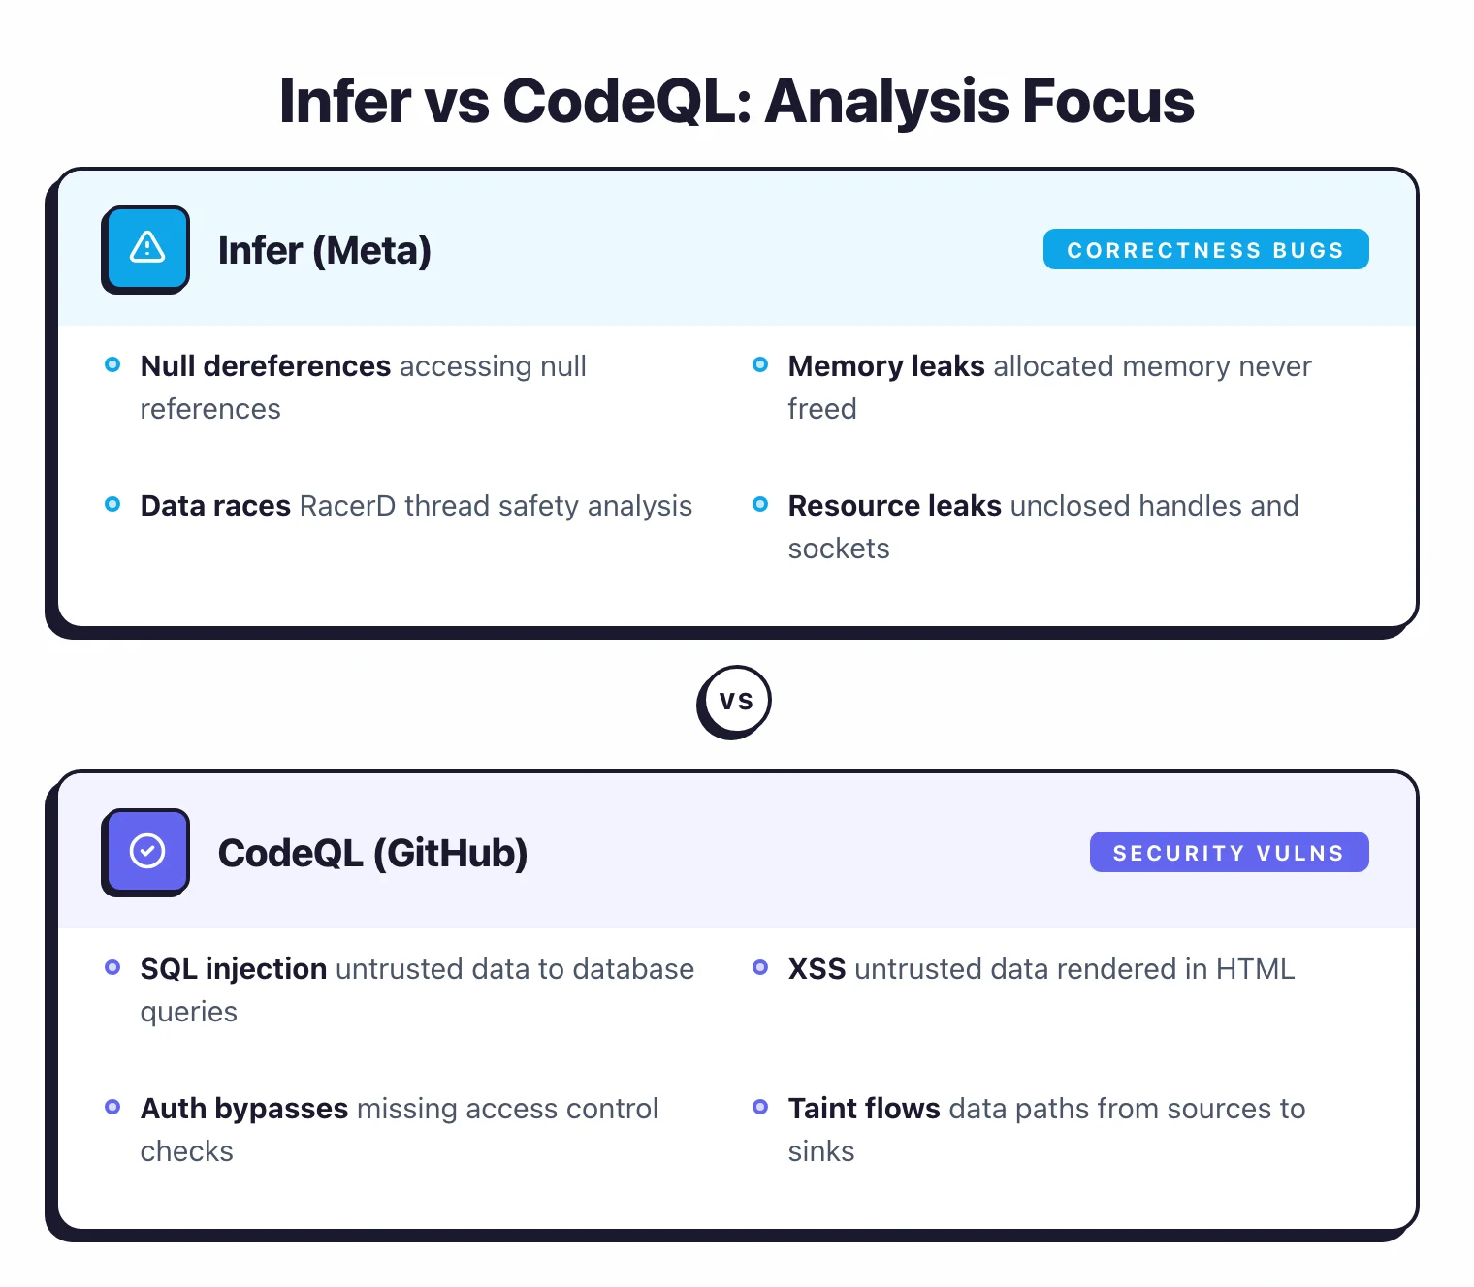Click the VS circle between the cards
tap(735, 701)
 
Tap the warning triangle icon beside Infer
tap(147, 248)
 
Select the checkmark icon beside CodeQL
tap(147, 851)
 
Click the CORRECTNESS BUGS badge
tap(1205, 250)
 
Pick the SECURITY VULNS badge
tap(1229, 853)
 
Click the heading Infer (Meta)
tap(324, 251)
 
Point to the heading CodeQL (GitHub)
tap(372, 854)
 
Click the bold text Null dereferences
tap(265, 366)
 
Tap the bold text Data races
tap(215, 506)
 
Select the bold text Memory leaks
tap(885, 366)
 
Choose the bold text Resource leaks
tap(894, 506)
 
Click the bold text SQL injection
tap(233, 969)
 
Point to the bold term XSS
tap(817, 969)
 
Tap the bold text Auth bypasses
tap(243, 1109)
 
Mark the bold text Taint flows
tap(863, 1109)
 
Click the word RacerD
tap(347, 506)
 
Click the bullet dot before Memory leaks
tap(760, 365)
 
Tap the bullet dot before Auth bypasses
tap(112, 1107)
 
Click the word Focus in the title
tap(1107, 101)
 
